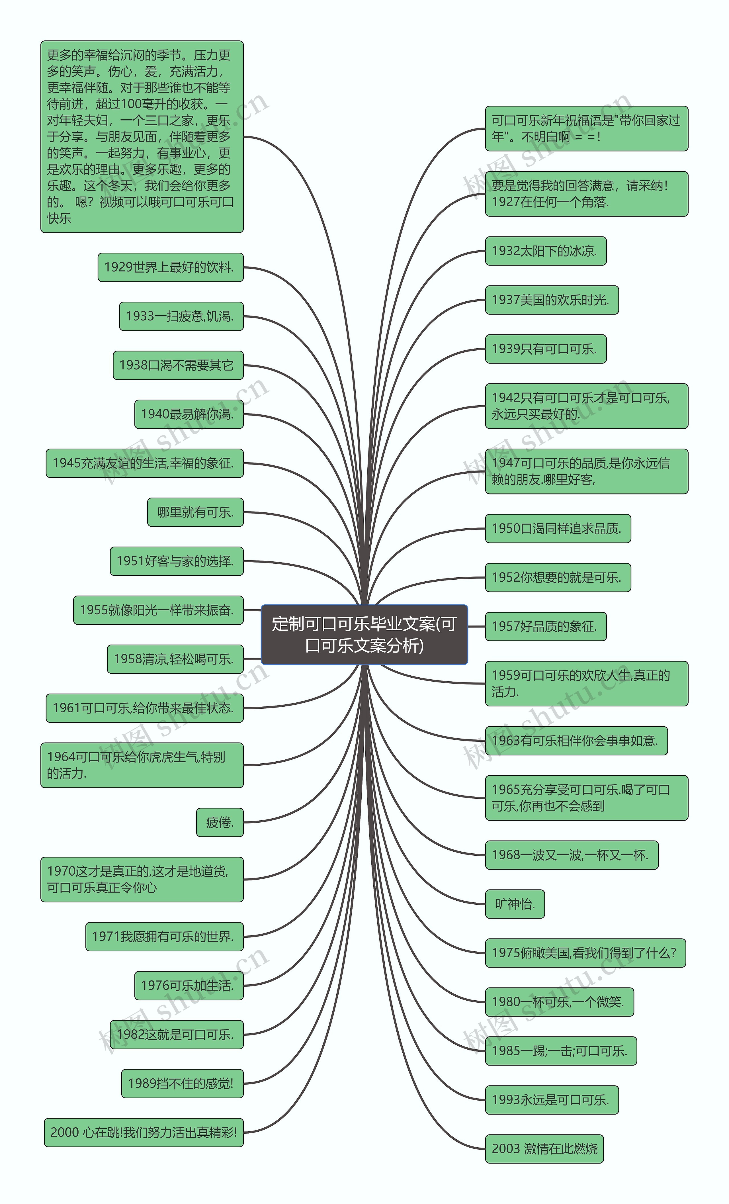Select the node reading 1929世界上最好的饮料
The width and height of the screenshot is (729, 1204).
[171, 267]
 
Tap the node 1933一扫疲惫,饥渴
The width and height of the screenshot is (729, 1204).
[181, 316]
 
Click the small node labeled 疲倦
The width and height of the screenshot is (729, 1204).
[220, 822]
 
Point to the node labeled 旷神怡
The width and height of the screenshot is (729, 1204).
[515, 904]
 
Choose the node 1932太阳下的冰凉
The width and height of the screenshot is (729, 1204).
[545, 251]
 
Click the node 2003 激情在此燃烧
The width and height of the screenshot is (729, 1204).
[544, 1149]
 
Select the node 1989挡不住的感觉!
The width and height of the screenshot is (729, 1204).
[182, 1083]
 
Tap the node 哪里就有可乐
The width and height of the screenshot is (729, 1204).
[195, 512]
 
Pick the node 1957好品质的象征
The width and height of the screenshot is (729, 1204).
[545, 626]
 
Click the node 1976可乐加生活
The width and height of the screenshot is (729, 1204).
[189, 986]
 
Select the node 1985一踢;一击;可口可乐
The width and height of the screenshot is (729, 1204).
[560, 1051]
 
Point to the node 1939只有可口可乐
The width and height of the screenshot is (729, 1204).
[545, 349]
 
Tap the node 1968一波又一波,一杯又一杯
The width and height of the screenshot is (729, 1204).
[571, 855]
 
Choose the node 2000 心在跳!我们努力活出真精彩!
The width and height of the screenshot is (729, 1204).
[144, 1132]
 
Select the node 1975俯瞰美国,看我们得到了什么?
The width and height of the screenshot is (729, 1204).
[585, 953]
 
